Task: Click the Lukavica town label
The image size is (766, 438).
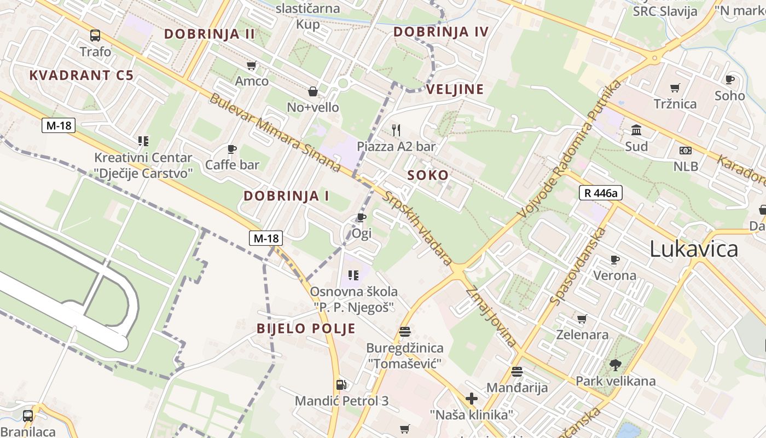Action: [694, 249]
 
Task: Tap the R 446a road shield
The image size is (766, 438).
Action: [600, 193]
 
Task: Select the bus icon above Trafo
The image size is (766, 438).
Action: [95, 36]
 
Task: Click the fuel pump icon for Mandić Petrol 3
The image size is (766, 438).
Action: [341, 385]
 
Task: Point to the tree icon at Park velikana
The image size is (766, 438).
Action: [616, 365]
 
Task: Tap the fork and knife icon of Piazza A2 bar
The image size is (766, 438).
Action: [397, 130]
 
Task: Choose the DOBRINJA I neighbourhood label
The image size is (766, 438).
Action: [286, 195]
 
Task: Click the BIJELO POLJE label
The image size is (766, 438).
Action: [306, 328]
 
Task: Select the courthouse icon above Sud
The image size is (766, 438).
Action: [636, 130]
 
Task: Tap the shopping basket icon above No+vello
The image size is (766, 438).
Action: [313, 91]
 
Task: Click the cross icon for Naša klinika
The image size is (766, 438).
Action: [472, 398]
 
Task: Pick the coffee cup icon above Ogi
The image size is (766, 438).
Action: [362, 218]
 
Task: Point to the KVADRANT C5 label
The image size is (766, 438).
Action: [81, 76]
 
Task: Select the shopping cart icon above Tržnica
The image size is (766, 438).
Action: [675, 88]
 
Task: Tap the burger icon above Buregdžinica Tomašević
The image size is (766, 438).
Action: [405, 331]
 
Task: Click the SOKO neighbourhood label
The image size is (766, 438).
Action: [428, 175]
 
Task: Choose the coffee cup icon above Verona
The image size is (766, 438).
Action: [615, 260]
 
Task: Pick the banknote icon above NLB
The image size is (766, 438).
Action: [686, 151]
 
